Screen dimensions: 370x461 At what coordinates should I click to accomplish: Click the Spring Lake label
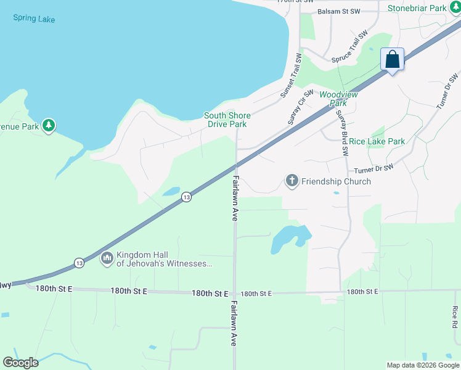[x=34, y=19]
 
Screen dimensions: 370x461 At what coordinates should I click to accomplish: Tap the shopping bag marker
[x=393, y=60]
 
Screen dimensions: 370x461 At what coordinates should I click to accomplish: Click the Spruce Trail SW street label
[x=349, y=47]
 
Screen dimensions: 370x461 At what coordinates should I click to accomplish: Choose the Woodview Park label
[x=338, y=99]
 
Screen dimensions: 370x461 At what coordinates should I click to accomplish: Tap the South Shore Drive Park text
[x=227, y=120]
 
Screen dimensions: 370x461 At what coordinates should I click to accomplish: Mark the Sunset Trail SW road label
[x=292, y=76]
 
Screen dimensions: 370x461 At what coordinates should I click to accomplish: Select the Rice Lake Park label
[x=377, y=141]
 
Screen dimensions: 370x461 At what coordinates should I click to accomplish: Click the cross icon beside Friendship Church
[x=291, y=181]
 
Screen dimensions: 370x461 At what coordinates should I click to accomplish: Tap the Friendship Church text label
[x=336, y=181]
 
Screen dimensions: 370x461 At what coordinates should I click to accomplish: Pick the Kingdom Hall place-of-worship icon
[x=107, y=258]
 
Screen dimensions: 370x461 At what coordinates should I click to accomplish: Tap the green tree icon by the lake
[x=49, y=126]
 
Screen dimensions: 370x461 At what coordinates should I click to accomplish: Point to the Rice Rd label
[x=455, y=317]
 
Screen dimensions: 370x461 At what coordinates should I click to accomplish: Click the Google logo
[x=20, y=363]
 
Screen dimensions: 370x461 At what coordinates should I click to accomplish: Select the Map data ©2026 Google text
[x=423, y=365]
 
